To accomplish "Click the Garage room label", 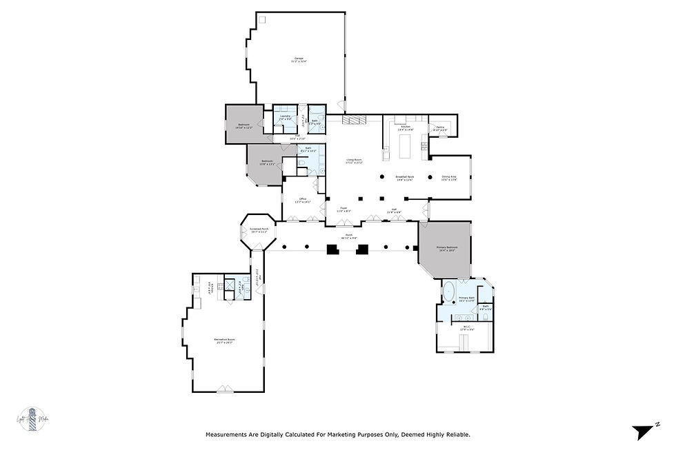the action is coord(299,59).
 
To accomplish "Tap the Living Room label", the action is coord(355,161).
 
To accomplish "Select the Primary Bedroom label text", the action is coord(447,248).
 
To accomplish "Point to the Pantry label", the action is coord(440,128).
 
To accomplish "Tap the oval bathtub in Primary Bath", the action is coord(448,289).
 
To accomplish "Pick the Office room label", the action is coord(302,200).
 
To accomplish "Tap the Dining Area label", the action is coord(449,178).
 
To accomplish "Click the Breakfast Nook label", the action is coord(405,178).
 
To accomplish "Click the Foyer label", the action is coord(343,208).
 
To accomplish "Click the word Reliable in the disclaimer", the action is coord(456,435).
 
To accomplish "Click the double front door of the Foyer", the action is coord(344,222).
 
